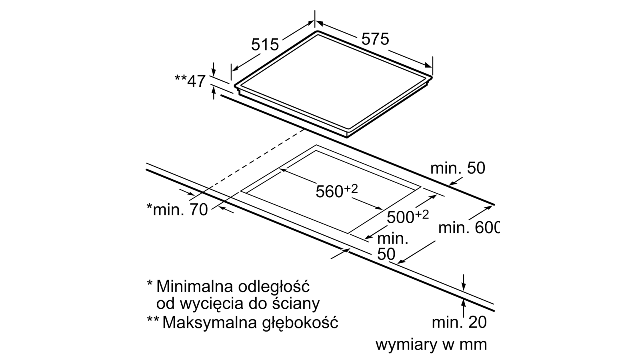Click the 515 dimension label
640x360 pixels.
pos(265,44)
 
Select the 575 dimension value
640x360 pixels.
pos(375,39)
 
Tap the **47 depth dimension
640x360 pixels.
pos(190,81)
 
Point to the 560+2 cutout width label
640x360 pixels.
pos(336,191)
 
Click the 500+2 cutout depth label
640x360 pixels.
pos(408,217)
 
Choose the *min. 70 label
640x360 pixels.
pos(177,210)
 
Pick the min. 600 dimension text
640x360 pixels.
pos(469,228)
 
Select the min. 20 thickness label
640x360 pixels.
pos(459,322)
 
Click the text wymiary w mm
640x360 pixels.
pos(431,344)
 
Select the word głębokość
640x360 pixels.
pos(300,323)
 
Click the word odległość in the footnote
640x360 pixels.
pos(274,286)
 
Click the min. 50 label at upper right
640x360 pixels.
pos(458,168)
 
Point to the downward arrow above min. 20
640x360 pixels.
pos(464,283)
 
